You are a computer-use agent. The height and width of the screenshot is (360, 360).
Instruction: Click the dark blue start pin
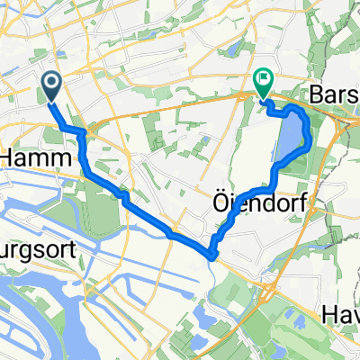[x=51, y=86]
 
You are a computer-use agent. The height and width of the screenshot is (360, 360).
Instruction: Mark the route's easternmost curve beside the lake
[x=310, y=135]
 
